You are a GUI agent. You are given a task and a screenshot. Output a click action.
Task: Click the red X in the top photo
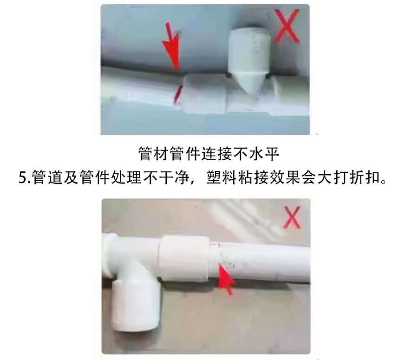point(287,26)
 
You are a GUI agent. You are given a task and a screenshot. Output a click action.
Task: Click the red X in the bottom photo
point(293,217)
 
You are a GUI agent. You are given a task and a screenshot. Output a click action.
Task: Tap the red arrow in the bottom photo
point(226,279)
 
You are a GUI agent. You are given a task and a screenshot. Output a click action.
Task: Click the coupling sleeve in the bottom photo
point(183,258)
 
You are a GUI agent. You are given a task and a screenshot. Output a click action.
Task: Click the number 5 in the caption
point(22,177)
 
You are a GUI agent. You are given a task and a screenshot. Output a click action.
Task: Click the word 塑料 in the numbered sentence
point(222,177)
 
